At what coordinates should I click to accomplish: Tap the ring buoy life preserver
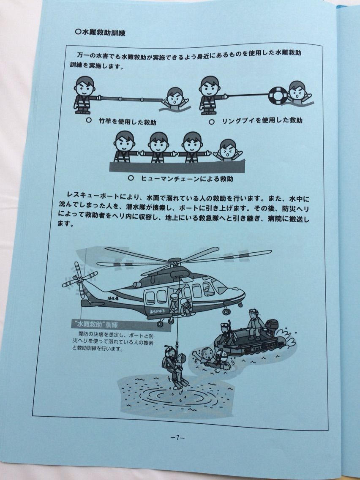coord(278,95)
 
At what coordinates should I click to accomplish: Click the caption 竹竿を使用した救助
coord(127,121)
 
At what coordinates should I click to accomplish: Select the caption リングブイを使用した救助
coord(262,120)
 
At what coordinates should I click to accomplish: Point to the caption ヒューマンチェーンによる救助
coord(187,178)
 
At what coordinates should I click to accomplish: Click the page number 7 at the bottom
coord(177,437)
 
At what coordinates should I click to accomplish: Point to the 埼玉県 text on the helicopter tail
coord(114,297)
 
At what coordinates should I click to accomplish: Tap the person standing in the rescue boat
coord(255,324)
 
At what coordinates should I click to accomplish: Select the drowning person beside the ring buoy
coord(297,93)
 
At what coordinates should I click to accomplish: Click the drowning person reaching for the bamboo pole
coord(175,99)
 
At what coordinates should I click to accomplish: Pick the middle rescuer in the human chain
coord(158,147)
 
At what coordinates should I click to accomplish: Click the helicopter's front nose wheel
coord(226,312)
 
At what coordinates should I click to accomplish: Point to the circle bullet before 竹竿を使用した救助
coord(89,120)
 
